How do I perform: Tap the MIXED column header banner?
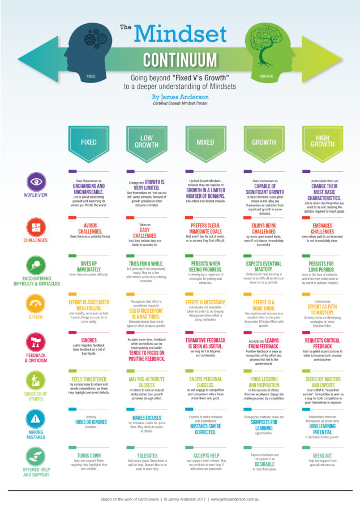tap(205, 142)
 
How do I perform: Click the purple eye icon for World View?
tap(35, 182)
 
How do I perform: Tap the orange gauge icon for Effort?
tap(35, 304)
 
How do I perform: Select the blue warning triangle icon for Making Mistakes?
tap(35, 419)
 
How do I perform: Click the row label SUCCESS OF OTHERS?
tap(35, 398)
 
